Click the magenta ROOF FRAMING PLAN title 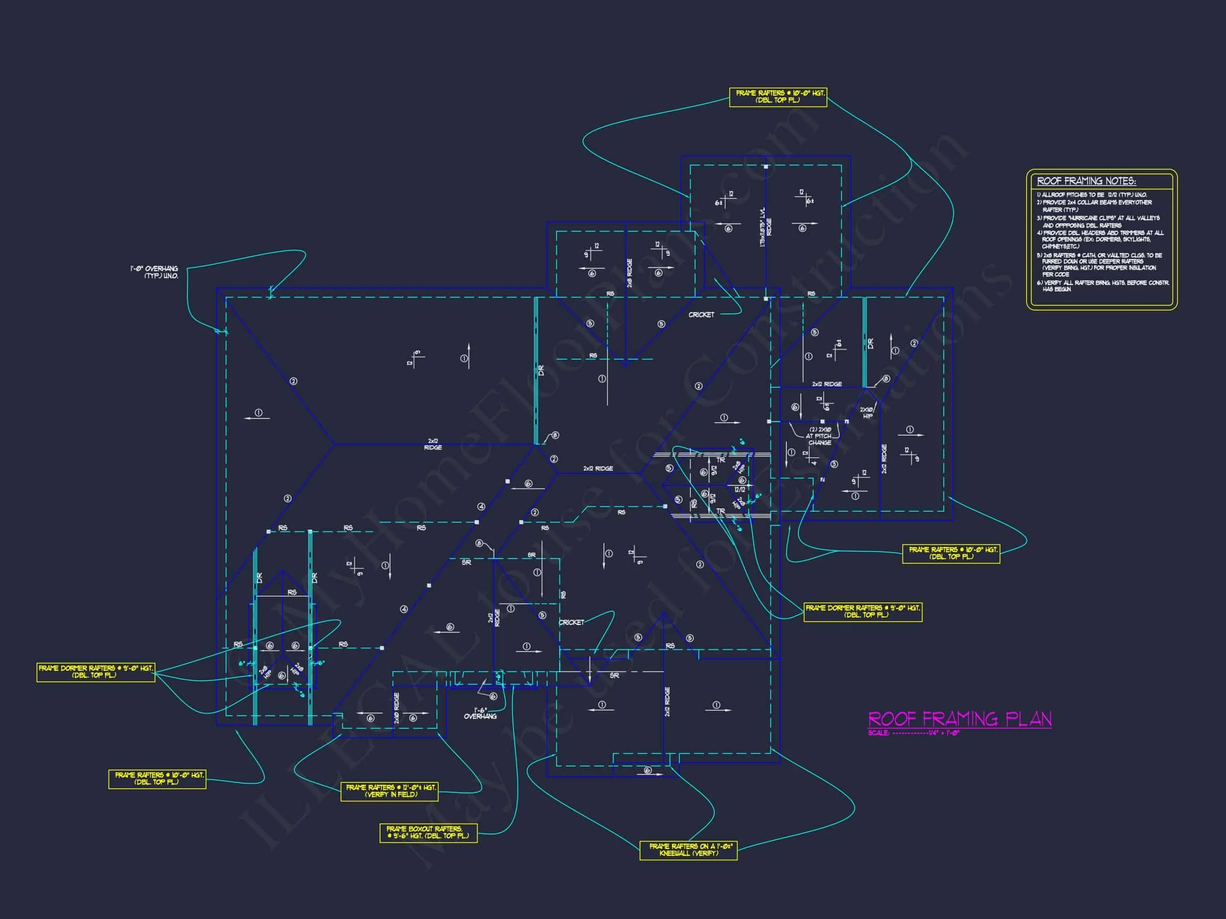click(959, 719)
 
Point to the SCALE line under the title click(913, 733)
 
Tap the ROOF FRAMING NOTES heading click(1086, 181)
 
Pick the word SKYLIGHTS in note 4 click(1137, 239)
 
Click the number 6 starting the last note click(1039, 283)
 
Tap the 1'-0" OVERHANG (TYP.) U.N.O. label click(155, 272)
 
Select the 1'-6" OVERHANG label click(480, 713)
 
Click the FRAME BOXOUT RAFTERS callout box click(428, 832)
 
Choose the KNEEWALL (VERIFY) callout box click(688, 850)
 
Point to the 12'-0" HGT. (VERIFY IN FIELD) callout click(390, 790)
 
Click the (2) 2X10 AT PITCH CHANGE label click(820, 436)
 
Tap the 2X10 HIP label click(867, 413)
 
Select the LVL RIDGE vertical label click(765, 227)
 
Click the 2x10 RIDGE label click(396, 708)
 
